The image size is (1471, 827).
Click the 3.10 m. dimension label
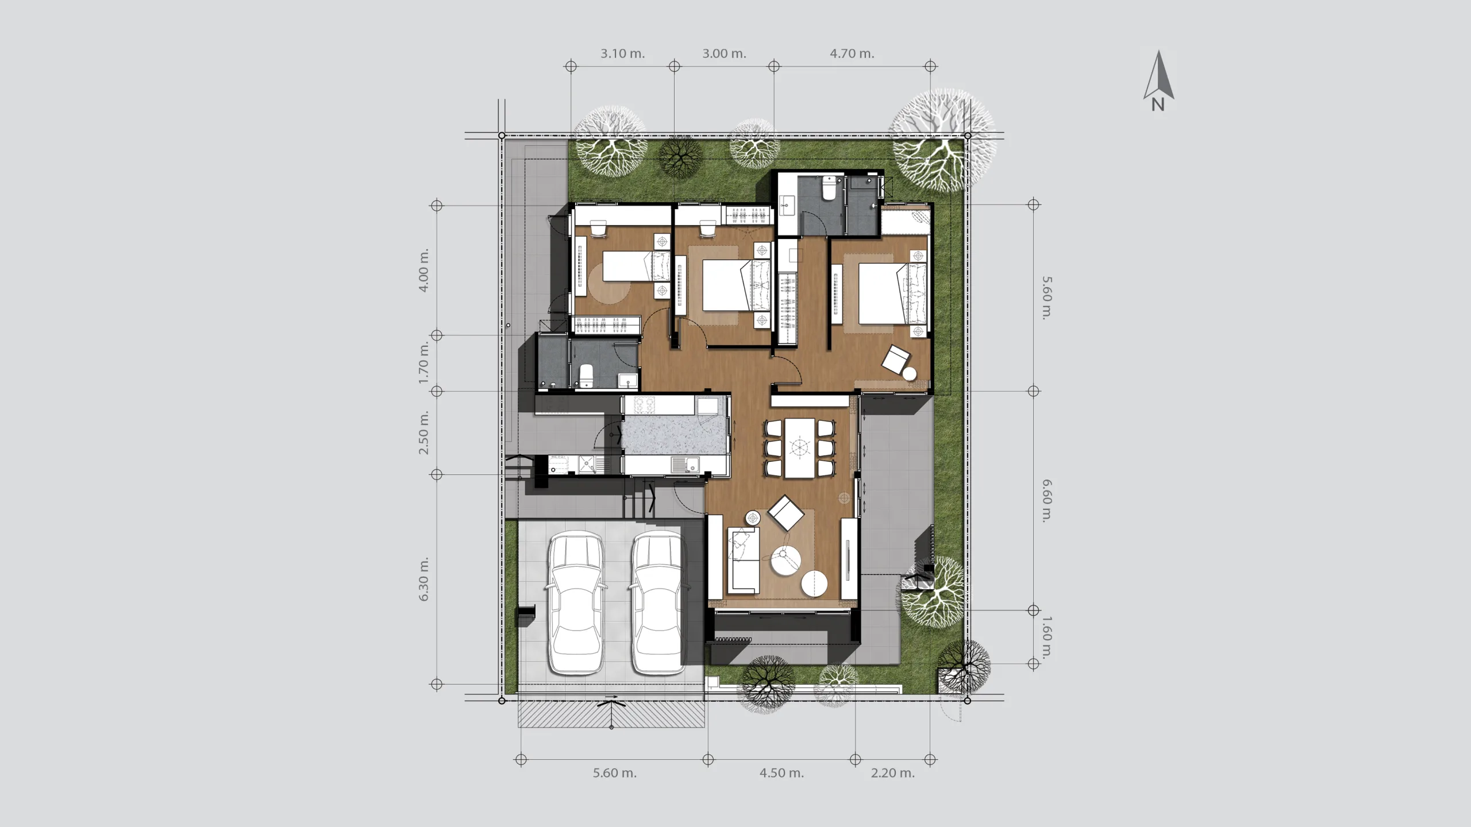click(623, 53)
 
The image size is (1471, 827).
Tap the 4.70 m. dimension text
click(852, 53)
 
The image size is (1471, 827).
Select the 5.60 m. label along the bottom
click(615, 773)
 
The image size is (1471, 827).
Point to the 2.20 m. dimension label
click(893, 773)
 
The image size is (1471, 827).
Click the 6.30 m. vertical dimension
click(424, 579)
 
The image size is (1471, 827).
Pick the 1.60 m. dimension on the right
click(1046, 637)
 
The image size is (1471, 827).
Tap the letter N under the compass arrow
click(1158, 105)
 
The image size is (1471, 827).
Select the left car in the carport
click(576, 603)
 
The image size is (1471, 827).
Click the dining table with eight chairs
click(800, 448)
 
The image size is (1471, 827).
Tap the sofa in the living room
click(744, 560)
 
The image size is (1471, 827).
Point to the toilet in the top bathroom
click(829, 188)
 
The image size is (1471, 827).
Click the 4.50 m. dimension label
click(782, 773)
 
